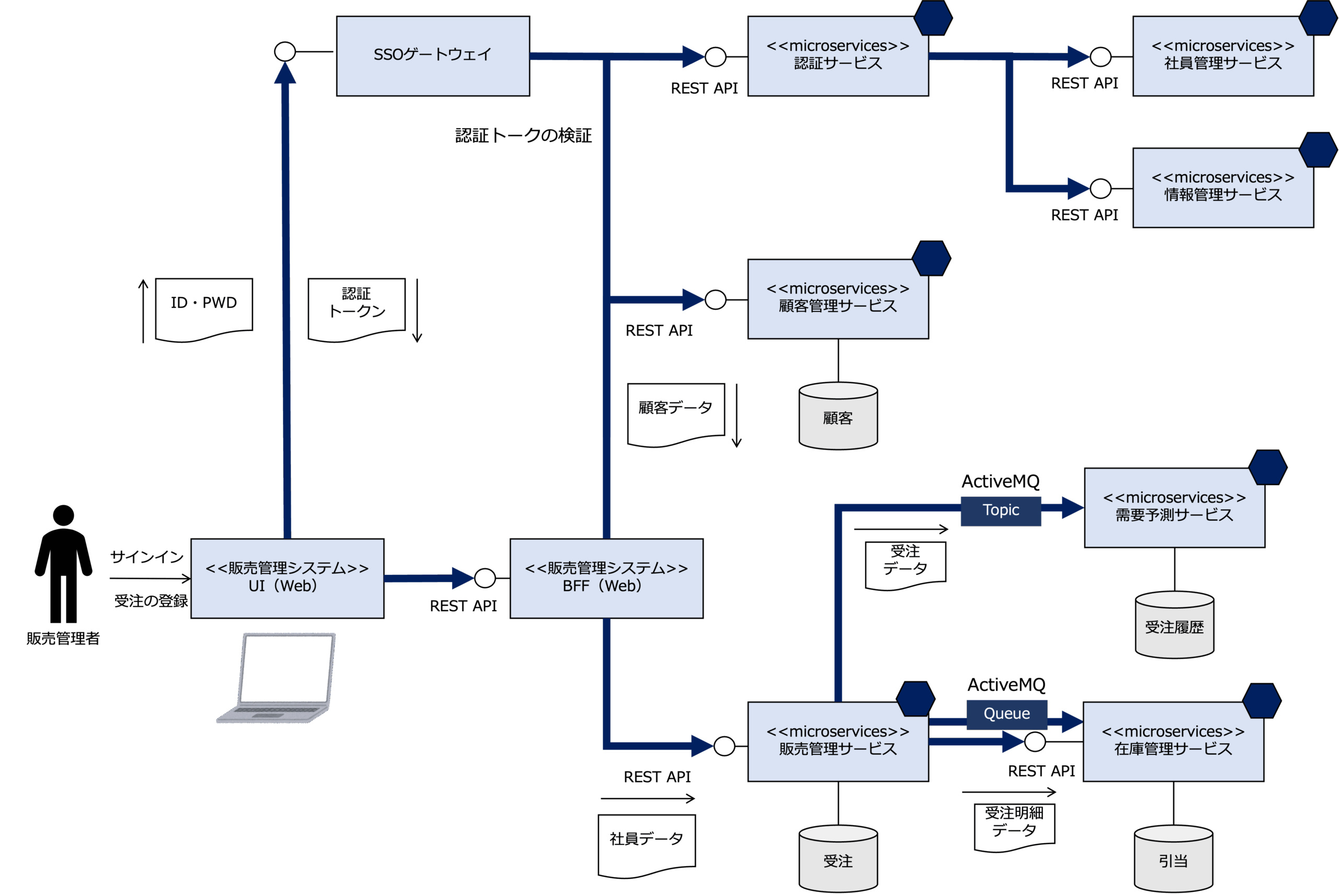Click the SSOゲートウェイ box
pyautogui.click(x=433, y=56)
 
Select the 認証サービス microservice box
pyautogui.click(x=838, y=56)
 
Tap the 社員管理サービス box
pyautogui.click(x=1223, y=56)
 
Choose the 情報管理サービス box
pyautogui.click(x=1223, y=187)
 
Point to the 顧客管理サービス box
pyautogui.click(x=838, y=299)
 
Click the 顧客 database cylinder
pyautogui.click(x=838, y=416)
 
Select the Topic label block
pyautogui.click(x=1001, y=510)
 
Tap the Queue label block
pyautogui.click(x=1007, y=714)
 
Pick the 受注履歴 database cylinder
pyautogui.click(x=1175, y=625)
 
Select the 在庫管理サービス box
pyautogui.click(x=1174, y=741)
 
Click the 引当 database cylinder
pyautogui.click(x=1174, y=858)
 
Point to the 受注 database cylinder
pyautogui.click(x=838, y=858)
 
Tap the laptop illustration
pyautogui.click(x=276, y=678)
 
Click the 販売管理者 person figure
pyautogui.click(x=63, y=563)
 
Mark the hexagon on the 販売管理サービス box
pyautogui.click(x=916, y=698)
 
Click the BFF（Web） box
pyautogui.click(x=607, y=578)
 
